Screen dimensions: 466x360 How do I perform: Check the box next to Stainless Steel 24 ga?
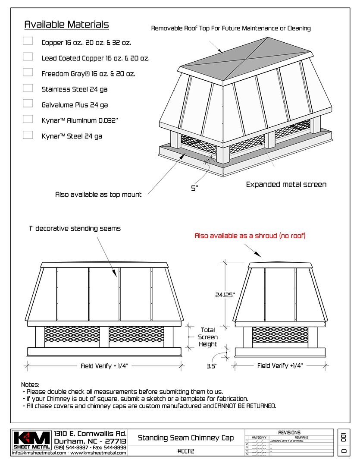[x=28, y=88]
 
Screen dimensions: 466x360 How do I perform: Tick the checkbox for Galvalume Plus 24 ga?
[x=28, y=104]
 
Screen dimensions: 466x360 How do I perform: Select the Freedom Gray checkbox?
[x=28, y=72]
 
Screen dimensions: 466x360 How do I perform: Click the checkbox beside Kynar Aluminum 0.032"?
[x=28, y=119]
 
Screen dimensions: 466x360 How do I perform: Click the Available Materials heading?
[x=66, y=25]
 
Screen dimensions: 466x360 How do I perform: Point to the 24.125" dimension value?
[x=225, y=295]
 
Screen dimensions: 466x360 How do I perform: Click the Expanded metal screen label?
[x=286, y=185]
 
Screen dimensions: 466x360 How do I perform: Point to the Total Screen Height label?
[x=208, y=337]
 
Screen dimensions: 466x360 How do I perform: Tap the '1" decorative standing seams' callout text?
[x=75, y=228]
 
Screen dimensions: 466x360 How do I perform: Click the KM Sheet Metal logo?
[x=31, y=441]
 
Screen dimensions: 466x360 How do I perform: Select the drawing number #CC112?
[x=186, y=451]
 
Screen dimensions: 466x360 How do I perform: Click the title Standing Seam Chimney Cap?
[x=186, y=438]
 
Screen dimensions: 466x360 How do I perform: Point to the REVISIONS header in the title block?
[x=289, y=432]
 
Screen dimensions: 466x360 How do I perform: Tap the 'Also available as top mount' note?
[x=98, y=195]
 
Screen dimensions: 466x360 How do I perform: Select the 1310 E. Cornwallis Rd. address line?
[x=90, y=434]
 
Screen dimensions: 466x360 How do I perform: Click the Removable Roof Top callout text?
[x=231, y=28]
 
